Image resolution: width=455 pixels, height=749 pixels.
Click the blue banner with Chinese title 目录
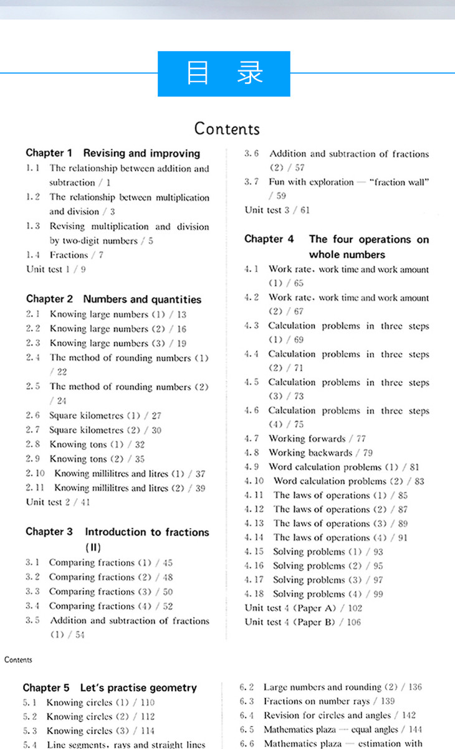click(224, 73)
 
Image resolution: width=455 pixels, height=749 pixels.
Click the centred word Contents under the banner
click(227, 128)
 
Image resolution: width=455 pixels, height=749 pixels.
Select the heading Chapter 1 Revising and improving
click(113, 153)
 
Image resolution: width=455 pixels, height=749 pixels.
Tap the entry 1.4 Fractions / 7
click(65, 255)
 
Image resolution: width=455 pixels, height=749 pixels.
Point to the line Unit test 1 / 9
click(56, 269)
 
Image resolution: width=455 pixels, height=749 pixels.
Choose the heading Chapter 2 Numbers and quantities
click(113, 299)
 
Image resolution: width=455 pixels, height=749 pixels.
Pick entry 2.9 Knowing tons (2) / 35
click(87, 459)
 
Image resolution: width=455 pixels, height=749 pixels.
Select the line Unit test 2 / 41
click(58, 502)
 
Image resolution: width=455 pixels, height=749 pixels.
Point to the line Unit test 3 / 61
click(277, 210)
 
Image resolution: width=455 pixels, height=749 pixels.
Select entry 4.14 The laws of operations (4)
click(326, 537)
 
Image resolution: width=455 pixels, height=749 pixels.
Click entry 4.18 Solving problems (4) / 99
click(314, 594)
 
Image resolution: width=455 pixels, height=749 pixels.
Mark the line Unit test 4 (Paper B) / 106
click(302, 622)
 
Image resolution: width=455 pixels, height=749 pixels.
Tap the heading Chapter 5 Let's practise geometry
click(110, 688)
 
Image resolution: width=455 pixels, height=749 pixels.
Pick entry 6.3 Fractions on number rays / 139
click(317, 702)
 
